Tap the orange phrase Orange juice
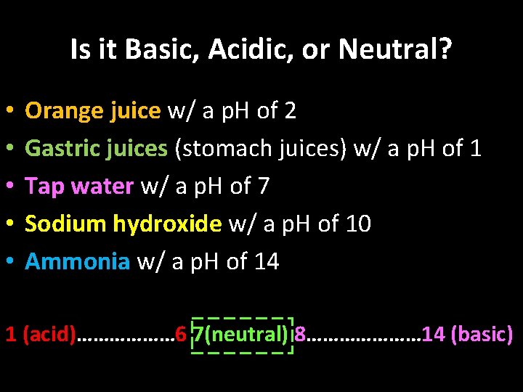[93, 111]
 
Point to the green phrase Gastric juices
[96, 149]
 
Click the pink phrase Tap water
[79, 187]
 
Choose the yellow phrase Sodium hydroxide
[123, 224]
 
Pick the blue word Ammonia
[77, 262]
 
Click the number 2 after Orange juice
[290, 111]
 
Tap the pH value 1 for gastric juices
[475, 149]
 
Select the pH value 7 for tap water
[263, 187]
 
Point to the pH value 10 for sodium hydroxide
[359, 224]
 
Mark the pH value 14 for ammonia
[267, 262]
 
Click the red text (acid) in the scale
[49, 335]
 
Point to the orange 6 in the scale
[180, 335]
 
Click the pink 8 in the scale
[300, 335]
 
